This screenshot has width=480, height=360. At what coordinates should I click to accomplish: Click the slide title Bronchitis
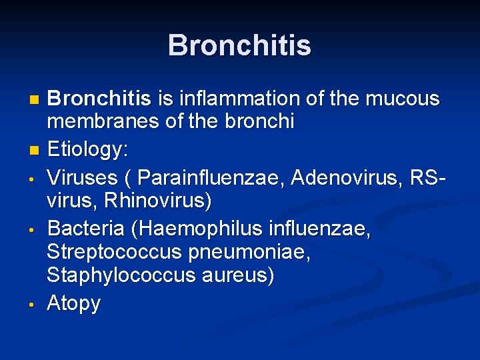239,45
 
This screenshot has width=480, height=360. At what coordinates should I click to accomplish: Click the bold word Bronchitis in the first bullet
99,99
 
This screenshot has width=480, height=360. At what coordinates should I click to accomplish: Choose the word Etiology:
87,150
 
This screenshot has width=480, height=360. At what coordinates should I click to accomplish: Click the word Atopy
73,304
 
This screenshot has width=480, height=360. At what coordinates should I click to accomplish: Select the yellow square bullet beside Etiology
35,151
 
